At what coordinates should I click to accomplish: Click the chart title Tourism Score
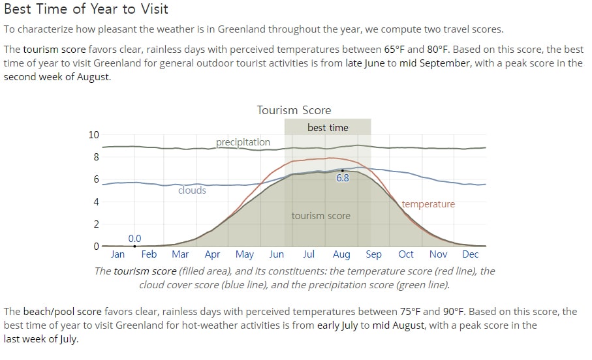[294, 110]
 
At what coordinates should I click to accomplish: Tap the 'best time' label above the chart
[328, 128]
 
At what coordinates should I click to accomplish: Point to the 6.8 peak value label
[343, 178]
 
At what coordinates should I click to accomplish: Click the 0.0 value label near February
[134, 239]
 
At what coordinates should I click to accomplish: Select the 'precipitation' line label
[243, 142]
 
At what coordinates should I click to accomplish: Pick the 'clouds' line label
[192, 190]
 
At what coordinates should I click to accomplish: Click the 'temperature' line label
[428, 204]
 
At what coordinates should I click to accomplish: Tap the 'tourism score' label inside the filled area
[320, 216]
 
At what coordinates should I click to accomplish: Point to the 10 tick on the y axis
[93, 135]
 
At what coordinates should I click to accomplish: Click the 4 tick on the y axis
[97, 202]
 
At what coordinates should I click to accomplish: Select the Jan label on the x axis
[117, 254]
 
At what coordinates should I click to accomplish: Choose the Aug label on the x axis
[341, 255]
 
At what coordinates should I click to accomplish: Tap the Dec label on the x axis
[471, 254]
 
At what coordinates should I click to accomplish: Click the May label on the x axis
[245, 255]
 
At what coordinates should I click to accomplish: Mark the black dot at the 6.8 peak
[343, 171]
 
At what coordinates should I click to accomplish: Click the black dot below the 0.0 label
[135, 247]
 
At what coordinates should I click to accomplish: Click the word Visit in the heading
[155, 8]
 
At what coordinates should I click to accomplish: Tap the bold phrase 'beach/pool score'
[62, 312]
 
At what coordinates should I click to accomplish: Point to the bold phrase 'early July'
[337, 325]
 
